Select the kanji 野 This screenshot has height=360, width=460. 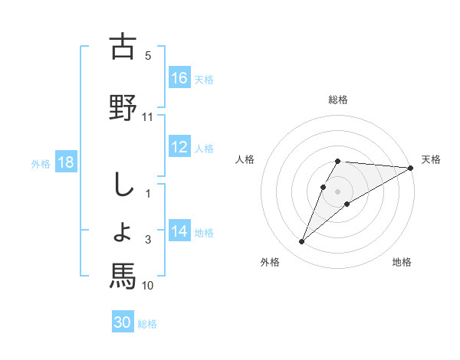[x=123, y=106]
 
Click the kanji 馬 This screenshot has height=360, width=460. [x=123, y=274]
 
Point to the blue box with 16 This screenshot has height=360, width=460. [x=179, y=78]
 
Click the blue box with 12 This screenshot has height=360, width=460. [x=179, y=148]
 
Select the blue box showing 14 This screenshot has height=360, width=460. [x=179, y=231]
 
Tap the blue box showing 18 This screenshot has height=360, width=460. [x=65, y=163]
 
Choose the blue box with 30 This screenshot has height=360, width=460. [x=123, y=322]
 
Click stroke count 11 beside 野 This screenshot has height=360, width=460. [x=148, y=117]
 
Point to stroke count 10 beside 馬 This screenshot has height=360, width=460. [x=148, y=286]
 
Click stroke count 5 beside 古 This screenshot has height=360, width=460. [x=148, y=55]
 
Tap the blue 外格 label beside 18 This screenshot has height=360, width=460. [x=41, y=164]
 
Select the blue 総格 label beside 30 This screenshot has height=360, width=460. [x=147, y=324]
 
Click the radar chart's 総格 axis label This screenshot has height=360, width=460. [x=338, y=100]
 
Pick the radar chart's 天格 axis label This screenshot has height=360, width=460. [x=432, y=159]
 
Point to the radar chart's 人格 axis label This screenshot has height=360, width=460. [x=245, y=159]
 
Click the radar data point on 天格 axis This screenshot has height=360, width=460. [x=411, y=168]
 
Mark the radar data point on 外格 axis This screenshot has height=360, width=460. [x=302, y=242]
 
